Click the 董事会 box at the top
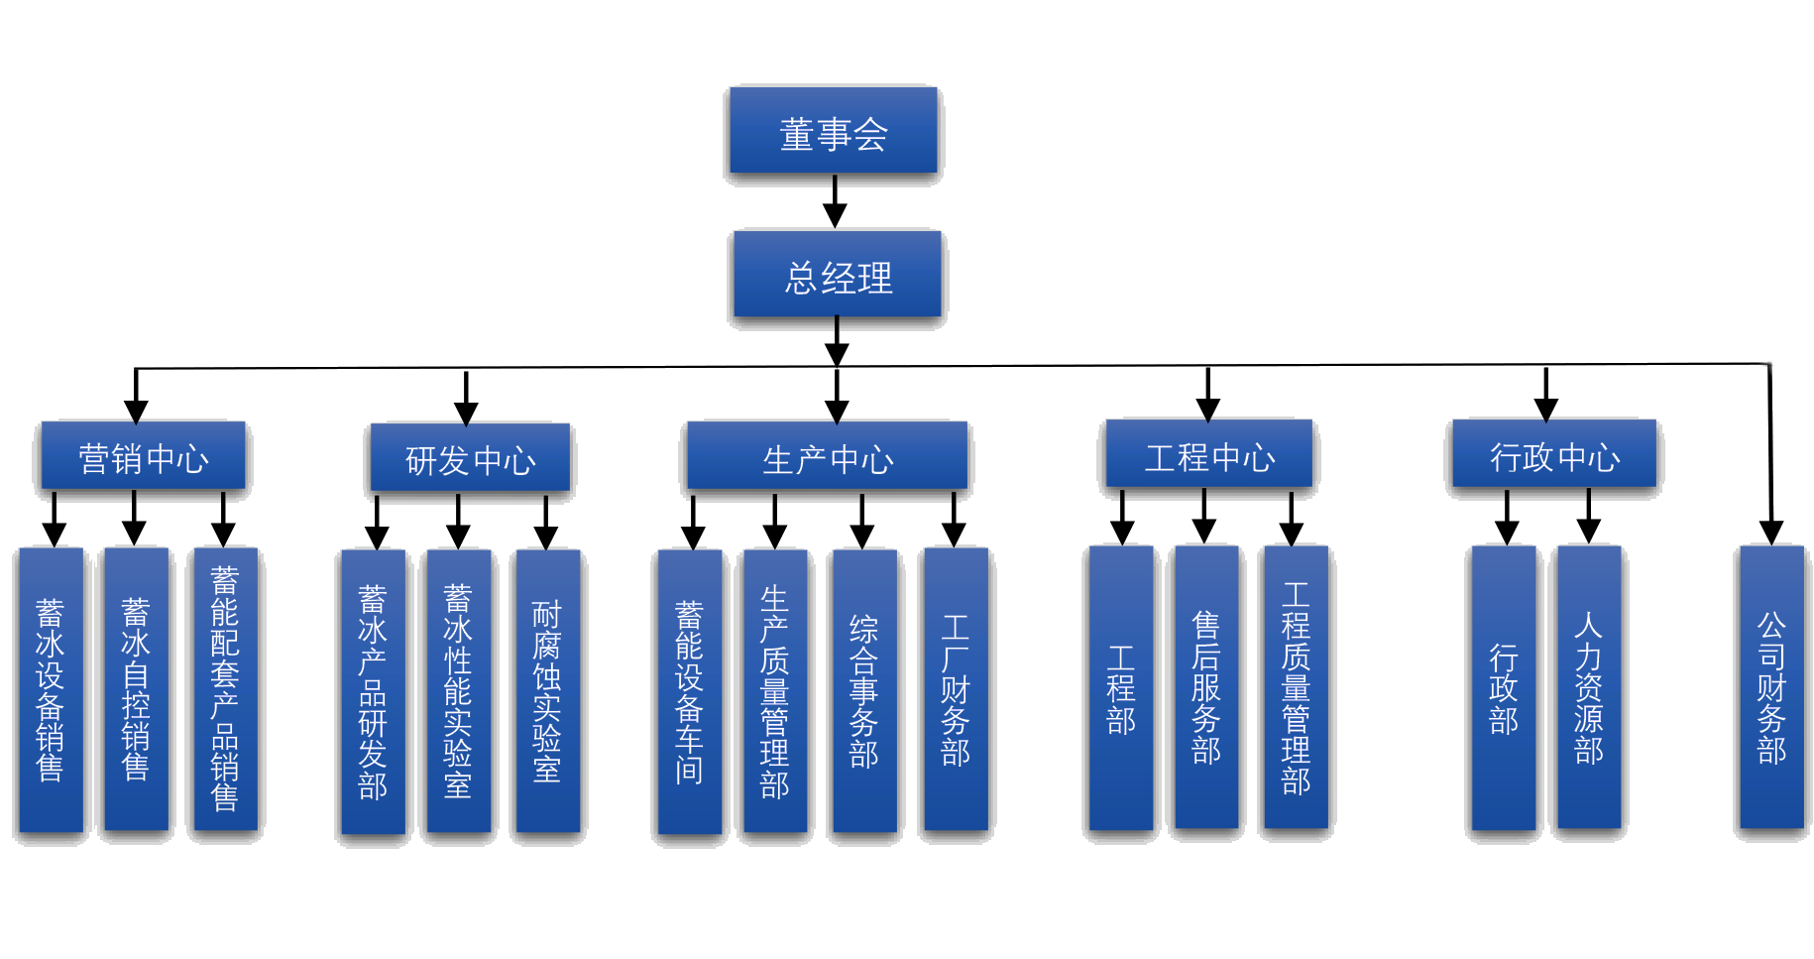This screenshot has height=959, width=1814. [834, 131]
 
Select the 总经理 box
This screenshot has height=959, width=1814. [838, 275]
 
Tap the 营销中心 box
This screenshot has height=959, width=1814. [143, 456]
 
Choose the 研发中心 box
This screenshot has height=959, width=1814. [470, 458]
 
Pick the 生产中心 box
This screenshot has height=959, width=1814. [828, 456]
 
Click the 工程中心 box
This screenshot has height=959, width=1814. [1209, 454]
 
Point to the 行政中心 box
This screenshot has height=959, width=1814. [1554, 454]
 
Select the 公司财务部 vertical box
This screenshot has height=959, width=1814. [1771, 687]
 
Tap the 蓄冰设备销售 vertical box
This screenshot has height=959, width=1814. [51, 690]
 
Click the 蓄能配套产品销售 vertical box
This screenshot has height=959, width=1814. [225, 689]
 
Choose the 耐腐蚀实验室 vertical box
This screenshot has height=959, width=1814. [547, 691]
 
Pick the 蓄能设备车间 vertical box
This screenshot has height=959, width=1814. [689, 692]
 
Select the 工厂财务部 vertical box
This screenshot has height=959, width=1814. [956, 689]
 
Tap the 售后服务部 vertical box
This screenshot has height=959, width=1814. [1206, 686]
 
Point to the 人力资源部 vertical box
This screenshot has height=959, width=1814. [1589, 686]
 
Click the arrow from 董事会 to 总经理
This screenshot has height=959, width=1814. [835, 202]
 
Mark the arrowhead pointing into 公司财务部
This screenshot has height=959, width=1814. [1771, 533]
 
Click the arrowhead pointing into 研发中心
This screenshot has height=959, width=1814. [466, 413]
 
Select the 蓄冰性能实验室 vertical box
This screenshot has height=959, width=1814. [458, 691]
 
